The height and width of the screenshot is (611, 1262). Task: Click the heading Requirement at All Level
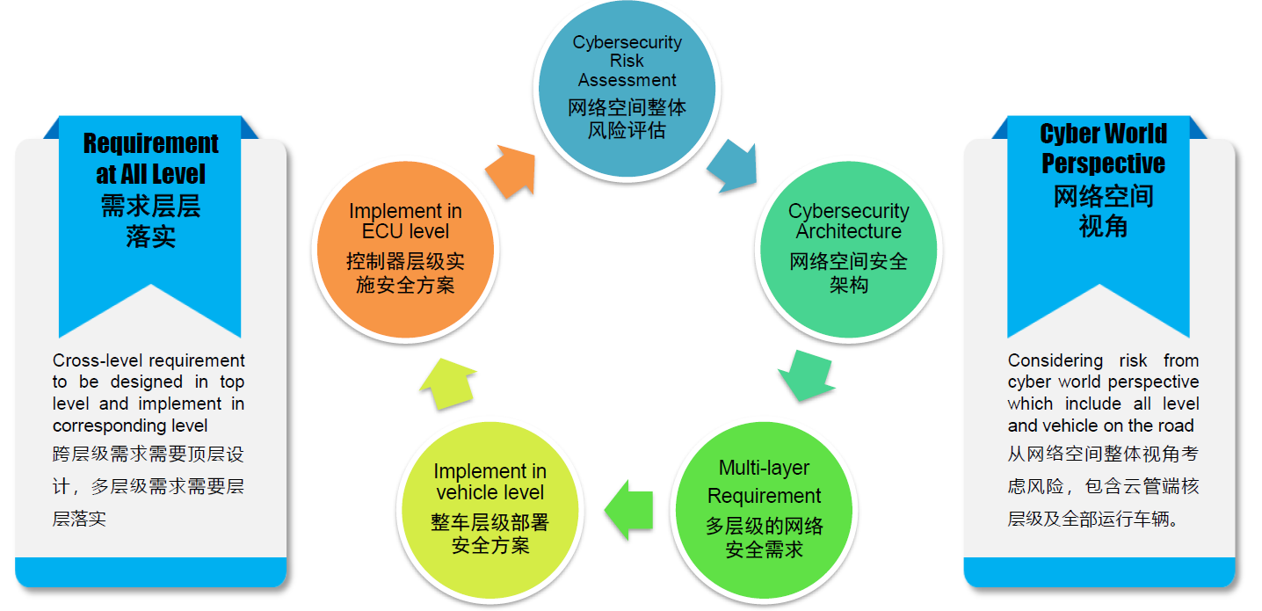pos(150,158)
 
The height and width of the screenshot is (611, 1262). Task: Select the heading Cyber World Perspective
pos(1104,149)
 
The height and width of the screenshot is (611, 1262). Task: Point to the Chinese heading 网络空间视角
pos(1104,211)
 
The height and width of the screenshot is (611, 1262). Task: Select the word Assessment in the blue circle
pos(627,80)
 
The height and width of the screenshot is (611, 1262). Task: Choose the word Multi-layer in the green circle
pos(764,468)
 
